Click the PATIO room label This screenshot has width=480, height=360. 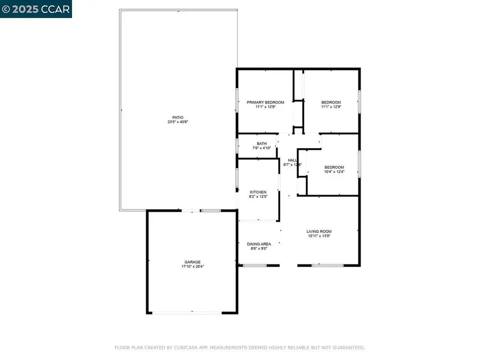tap(178, 117)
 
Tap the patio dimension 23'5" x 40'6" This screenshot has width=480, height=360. tap(178, 122)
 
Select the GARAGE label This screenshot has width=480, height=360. tap(193, 262)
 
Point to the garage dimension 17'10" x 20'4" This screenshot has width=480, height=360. tap(193, 267)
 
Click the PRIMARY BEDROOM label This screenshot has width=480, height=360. tap(265, 102)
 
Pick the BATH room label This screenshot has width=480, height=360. tap(261, 143)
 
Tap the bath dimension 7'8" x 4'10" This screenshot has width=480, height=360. tap(261, 148)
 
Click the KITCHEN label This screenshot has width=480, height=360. tap(258, 192)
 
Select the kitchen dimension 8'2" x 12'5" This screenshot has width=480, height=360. tap(258, 197)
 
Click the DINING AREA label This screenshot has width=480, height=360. tap(259, 244)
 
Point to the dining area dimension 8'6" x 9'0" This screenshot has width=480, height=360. tap(259, 249)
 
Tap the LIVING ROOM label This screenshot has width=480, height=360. tap(319, 231)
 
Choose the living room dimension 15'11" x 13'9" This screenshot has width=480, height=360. tap(319, 236)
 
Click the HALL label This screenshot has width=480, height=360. tap(292, 160)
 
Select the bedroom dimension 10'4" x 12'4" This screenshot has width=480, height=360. tap(334, 171)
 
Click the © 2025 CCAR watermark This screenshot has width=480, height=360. tap(36, 9)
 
